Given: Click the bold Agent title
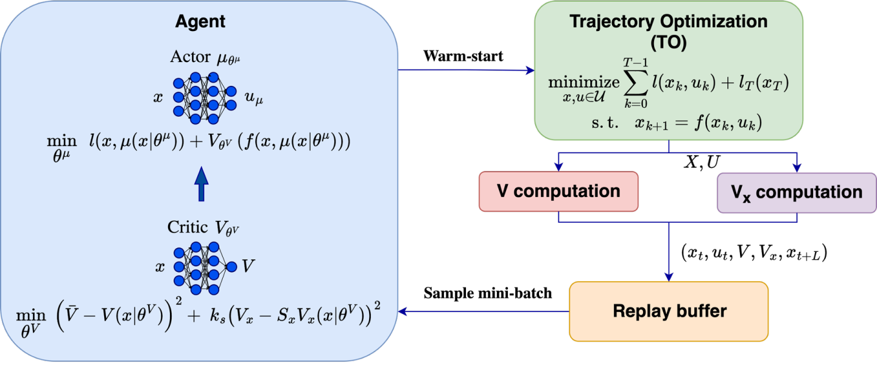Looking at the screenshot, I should [200, 22].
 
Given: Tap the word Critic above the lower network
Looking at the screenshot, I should [186, 228].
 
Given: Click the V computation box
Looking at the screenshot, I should [558, 191].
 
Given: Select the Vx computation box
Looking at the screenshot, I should [797, 192].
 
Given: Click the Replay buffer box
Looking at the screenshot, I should [669, 311].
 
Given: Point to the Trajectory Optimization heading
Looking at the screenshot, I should [668, 22].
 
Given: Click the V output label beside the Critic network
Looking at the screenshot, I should [248, 266].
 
